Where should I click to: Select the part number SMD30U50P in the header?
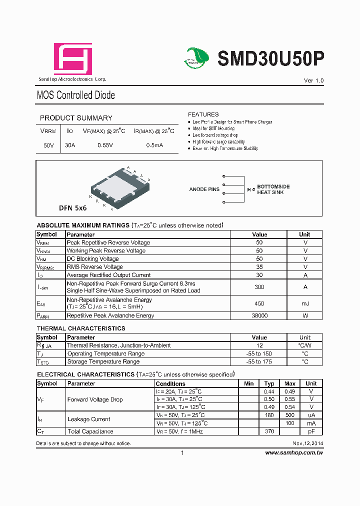tap(270, 59)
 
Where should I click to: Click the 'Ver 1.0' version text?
tap(314, 80)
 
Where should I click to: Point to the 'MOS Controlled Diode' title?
tap(76, 95)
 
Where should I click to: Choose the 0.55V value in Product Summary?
tap(105, 145)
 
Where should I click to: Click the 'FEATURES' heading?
tap(203, 114)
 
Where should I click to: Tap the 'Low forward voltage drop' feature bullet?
tap(215, 135)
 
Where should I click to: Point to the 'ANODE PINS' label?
tap(204, 189)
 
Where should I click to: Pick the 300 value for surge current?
tap(259, 287)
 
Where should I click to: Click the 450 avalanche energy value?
tap(259, 303)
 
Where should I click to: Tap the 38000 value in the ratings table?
tap(259, 316)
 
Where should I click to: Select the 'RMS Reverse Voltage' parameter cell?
tap(94, 267)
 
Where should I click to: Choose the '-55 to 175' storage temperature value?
tap(259, 361)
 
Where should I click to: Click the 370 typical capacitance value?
tap(269, 431)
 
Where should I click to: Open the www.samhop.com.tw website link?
tap(294, 452)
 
